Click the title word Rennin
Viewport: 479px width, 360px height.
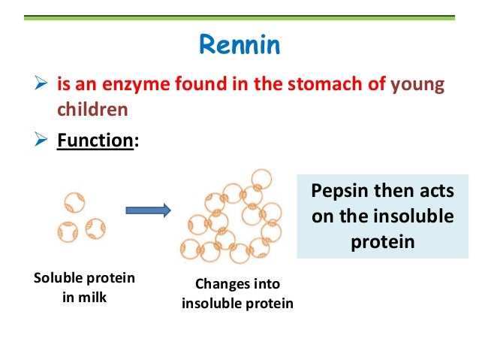click(239, 44)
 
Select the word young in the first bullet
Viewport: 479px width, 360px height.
click(419, 85)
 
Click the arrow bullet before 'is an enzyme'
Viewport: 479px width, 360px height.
click(44, 84)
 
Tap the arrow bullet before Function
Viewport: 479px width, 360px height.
click(44, 141)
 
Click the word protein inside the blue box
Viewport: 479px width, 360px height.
click(382, 241)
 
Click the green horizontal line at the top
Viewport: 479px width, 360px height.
click(239, 17)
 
